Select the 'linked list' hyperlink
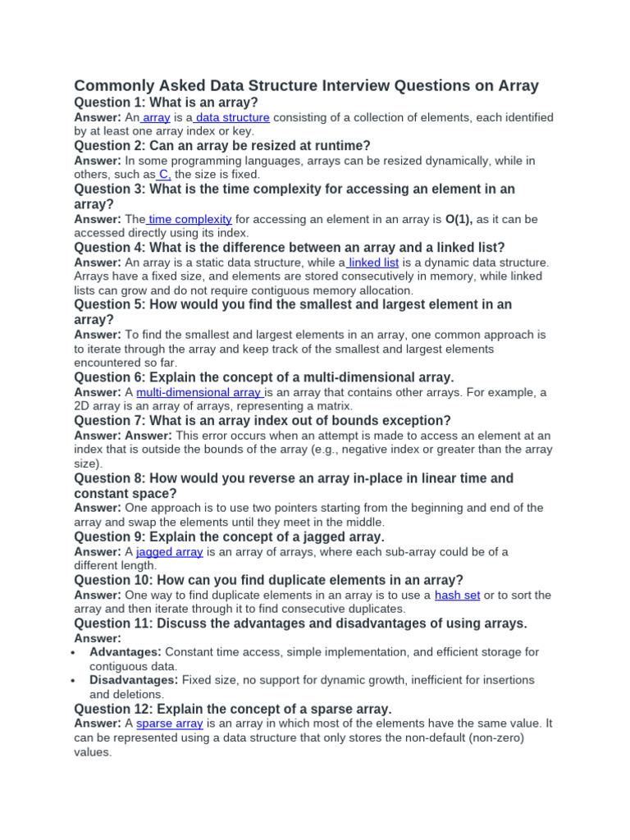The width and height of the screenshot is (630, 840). point(373,262)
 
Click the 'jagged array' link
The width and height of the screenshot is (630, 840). point(170,552)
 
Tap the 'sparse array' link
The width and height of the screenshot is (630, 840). point(170,723)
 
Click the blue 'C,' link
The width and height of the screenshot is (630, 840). point(164,175)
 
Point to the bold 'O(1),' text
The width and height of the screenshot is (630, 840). point(459,219)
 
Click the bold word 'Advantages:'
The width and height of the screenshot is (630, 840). point(126,651)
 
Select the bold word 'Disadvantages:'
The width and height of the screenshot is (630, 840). point(134,680)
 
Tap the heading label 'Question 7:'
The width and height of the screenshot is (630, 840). point(109,421)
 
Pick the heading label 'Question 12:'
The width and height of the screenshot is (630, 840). point(113,708)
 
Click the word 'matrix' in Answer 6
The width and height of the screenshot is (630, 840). point(332,406)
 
